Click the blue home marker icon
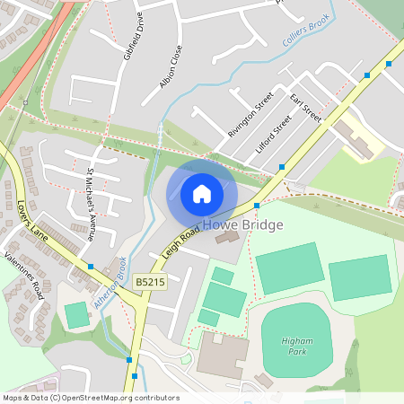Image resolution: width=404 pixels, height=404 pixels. pos(202,194)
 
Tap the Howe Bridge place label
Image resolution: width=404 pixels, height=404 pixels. pos(242,224)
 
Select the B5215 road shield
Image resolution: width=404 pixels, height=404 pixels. pos(151,283)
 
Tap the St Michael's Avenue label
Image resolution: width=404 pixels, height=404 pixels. pos(90,203)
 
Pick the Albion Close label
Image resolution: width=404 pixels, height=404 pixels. pos(171,66)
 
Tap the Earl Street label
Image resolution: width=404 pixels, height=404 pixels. pos(305,107)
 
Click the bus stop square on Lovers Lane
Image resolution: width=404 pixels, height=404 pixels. pos(91,267)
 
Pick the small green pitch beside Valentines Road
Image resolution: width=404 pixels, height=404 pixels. pos(76,315)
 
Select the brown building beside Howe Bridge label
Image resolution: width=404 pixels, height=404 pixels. pos(227,237)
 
